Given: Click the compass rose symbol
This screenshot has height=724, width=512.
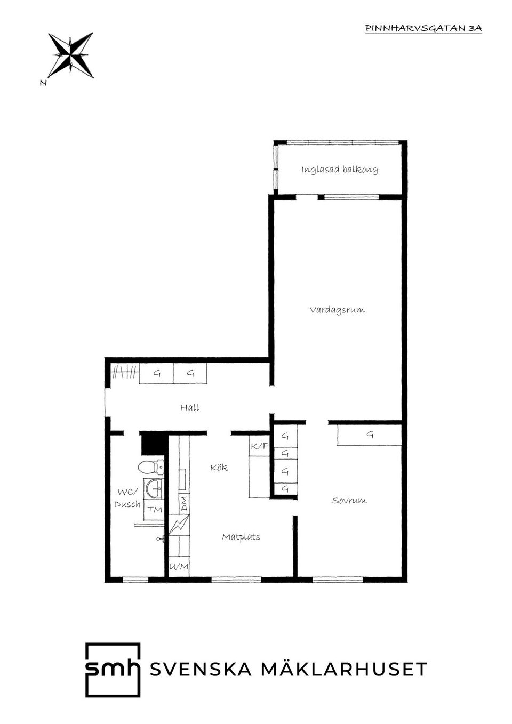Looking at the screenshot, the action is point(70,55).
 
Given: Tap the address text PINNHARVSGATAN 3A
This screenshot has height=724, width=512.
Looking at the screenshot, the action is point(423,28).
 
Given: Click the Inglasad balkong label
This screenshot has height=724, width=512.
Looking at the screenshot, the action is point(339,170).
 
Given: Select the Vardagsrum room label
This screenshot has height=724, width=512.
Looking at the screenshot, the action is point(337,310).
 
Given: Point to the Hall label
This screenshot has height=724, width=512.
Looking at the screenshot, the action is point(190,407).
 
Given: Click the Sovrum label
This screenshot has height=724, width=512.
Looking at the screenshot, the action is point(349,501).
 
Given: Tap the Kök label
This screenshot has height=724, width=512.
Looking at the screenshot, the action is point(219,467).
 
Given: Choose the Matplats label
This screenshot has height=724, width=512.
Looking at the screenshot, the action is point(241,537).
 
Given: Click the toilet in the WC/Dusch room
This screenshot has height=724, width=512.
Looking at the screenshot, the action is point(151,467).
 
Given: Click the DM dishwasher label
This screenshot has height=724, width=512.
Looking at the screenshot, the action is point(184,504).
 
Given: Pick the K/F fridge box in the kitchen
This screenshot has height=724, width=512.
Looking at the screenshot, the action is point(259,446).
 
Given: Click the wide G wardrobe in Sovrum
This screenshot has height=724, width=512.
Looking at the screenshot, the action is point(370,435).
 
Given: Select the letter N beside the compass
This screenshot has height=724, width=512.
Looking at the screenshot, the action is point(43,83).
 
